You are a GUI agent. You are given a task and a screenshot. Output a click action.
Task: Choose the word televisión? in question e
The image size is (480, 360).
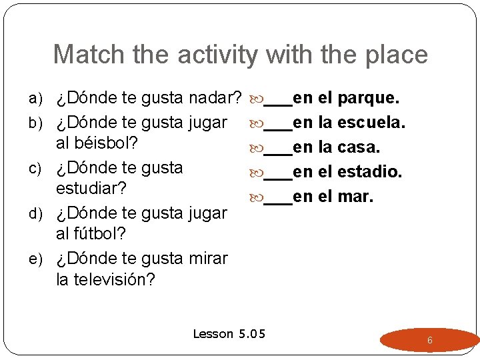115,279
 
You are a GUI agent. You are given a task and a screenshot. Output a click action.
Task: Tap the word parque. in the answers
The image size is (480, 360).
369,99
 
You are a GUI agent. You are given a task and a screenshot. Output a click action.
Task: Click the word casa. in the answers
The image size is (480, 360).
359,147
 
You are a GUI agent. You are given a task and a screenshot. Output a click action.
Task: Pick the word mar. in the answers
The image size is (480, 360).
356,197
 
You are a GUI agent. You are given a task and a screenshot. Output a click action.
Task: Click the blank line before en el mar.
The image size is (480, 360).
278,201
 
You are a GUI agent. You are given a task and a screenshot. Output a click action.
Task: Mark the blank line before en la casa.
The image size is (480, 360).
278,152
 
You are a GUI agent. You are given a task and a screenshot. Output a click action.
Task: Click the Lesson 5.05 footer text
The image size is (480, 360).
229,333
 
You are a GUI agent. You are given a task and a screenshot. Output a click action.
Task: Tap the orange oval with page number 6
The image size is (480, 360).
429,340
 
